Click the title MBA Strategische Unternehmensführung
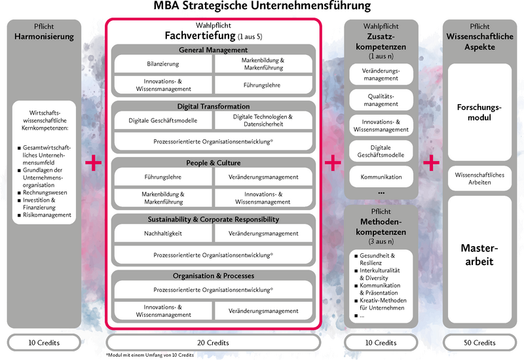coord(261,7)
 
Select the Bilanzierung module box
coord(162,64)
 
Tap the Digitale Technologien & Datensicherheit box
coord(263,120)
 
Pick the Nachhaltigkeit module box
coord(162,233)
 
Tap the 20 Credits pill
coord(214,342)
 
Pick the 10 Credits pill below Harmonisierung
coord(44,342)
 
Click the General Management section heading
coord(213,50)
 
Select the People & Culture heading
coord(213,162)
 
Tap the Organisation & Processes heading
coord(213,276)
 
